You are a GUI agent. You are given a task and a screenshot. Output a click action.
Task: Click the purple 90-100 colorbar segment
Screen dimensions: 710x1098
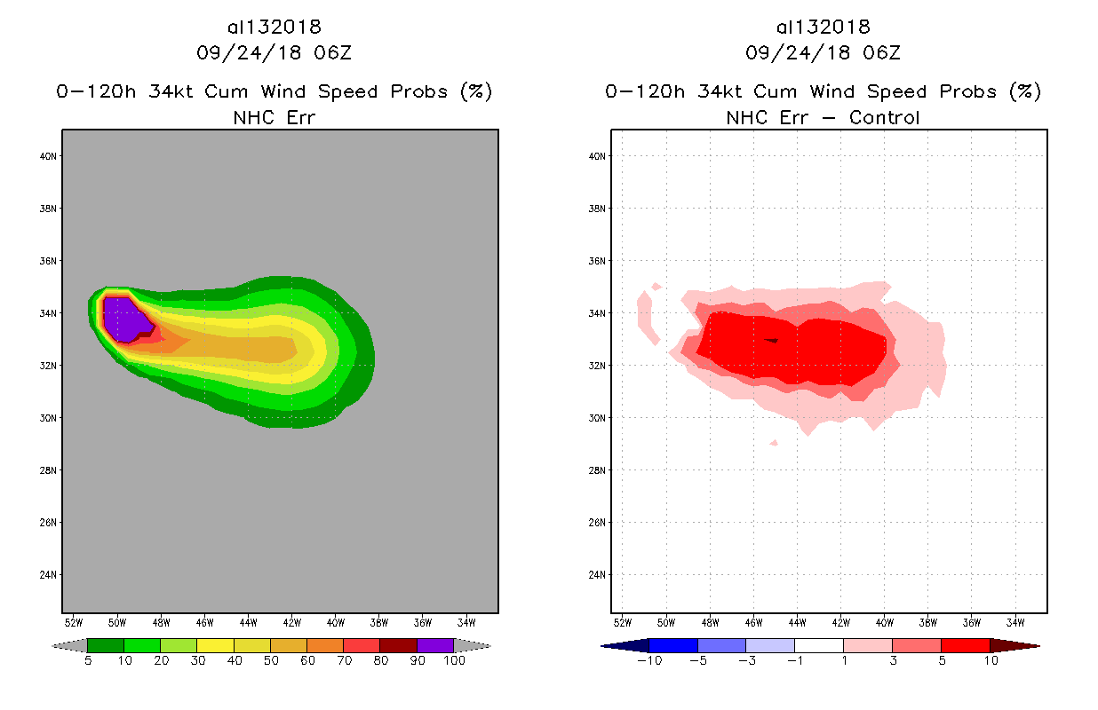coord(435,646)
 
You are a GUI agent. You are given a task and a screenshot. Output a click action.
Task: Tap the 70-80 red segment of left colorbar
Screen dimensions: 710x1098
coord(362,646)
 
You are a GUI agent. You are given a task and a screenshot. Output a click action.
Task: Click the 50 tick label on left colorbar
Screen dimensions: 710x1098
coord(270,661)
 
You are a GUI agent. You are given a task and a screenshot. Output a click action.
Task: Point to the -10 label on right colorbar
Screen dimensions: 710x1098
coord(648,661)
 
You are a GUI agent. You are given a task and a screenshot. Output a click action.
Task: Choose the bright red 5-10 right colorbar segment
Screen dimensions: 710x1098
coord(965,646)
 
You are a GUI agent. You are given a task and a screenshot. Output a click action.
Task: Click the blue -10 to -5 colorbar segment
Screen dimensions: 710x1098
coord(673,646)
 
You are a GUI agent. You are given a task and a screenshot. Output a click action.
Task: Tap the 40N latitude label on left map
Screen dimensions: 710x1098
coord(50,156)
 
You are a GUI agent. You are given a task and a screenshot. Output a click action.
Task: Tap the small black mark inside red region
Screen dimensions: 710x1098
coord(771,340)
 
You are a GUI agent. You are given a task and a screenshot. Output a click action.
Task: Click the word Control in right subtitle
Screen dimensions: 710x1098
coord(884,117)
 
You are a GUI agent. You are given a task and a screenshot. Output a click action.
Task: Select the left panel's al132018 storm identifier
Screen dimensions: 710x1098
coord(274,27)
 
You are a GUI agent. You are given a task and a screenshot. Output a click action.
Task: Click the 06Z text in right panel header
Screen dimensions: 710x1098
coord(881,52)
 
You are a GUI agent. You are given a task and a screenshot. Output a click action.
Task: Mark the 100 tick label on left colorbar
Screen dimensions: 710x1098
coord(454,661)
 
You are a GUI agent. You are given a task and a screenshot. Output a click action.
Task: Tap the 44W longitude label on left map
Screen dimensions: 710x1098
coord(248,621)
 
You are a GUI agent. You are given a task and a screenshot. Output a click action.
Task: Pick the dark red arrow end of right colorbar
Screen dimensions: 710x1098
coord(1014,646)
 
